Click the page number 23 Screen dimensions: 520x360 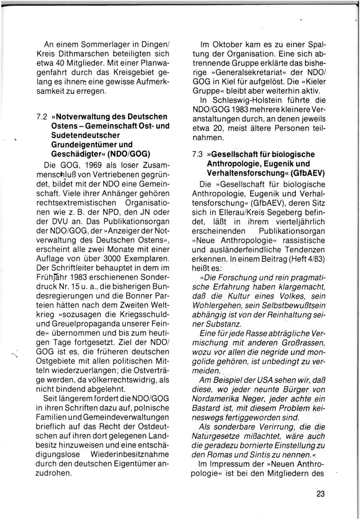320,494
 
